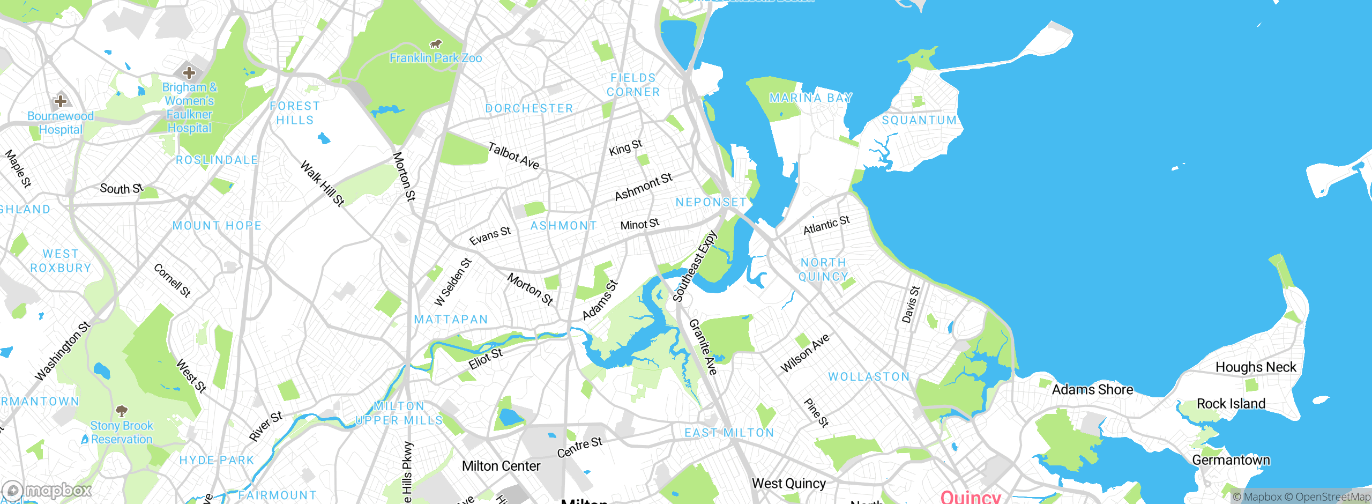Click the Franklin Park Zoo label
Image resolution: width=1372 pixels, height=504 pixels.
click(435, 58)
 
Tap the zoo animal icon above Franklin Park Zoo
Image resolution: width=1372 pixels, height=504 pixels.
click(436, 43)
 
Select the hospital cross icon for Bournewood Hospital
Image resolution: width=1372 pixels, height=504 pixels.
click(61, 101)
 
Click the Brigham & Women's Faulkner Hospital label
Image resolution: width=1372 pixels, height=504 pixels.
click(189, 107)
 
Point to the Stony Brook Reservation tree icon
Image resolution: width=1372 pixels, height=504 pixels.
click(122, 411)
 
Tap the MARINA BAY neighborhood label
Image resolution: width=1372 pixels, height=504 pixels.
click(810, 98)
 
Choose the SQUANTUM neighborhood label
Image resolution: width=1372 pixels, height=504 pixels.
click(919, 120)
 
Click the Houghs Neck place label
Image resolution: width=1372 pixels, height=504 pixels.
click(1255, 367)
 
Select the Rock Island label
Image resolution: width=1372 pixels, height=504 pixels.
click(1231, 404)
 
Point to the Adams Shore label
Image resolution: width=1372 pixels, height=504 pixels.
click(1092, 390)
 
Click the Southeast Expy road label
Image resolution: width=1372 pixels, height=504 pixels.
click(694, 266)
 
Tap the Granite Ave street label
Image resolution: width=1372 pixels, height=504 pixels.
click(703, 347)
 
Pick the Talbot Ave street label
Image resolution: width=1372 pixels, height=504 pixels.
click(513, 156)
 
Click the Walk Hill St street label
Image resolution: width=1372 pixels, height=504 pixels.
click(322, 183)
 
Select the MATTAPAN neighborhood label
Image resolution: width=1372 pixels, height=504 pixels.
click(451, 320)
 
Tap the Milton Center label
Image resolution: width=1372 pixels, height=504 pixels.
click(501, 466)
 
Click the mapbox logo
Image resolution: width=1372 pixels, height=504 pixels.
click(47, 490)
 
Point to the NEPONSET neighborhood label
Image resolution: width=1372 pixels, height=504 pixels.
click(711, 202)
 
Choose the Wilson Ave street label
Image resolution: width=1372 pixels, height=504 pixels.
click(804, 353)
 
